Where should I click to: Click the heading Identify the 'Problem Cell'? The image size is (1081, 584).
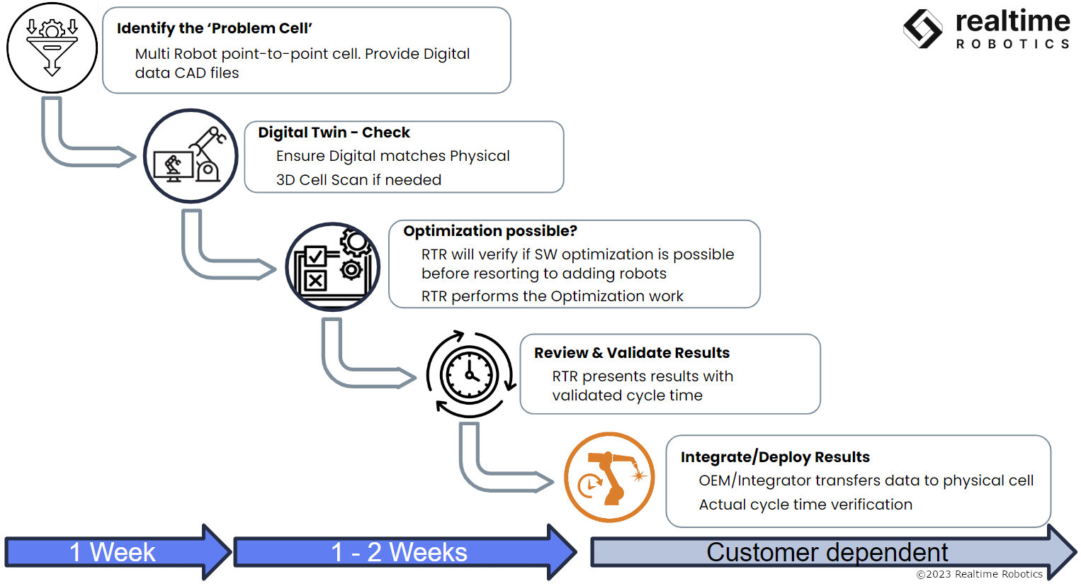tap(214, 28)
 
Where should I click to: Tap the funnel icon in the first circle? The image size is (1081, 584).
tap(52, 47)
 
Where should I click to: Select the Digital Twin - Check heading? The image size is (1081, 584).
tap(334, 133)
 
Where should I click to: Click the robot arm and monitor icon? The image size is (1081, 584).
tap(191, 155)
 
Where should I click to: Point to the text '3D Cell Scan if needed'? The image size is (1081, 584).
tap(358, 180)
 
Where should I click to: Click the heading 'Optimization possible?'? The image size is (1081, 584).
tap(490, 231)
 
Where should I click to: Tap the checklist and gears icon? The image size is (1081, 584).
tap(332, 267)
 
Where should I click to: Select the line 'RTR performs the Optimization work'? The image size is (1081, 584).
tap(552, 296)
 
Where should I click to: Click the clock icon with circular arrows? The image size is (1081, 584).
tap(470, 374)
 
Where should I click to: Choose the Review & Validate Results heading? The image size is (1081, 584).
tap(632, 353)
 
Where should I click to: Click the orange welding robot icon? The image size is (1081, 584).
tap(609, 478)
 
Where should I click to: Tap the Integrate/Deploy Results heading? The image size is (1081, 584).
tap(775, 457)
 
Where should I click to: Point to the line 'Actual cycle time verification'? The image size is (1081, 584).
tap(805, 505)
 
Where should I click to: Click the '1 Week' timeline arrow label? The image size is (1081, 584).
tap(112, 552)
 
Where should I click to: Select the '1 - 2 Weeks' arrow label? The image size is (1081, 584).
tap(399, 552)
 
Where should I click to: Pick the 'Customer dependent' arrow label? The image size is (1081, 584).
tap(827, 553)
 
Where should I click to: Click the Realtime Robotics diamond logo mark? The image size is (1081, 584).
tap(923, 29)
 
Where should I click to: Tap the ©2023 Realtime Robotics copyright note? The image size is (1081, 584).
tap(979, 574)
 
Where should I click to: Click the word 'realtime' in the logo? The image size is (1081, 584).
tap(1012, 22)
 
